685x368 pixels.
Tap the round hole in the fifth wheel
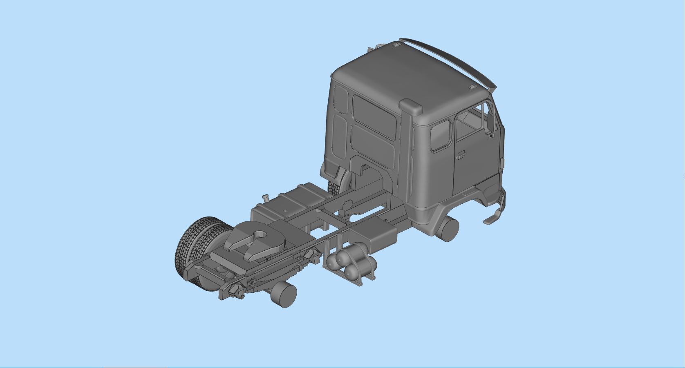click(259, 234)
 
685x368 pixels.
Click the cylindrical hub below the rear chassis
click(284, 294)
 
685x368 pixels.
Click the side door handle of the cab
click(461, 155)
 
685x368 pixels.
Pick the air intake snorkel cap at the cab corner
click(411, 107)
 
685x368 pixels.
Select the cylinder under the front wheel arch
click(450, 230)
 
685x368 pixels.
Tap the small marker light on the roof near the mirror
click(472, 87)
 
